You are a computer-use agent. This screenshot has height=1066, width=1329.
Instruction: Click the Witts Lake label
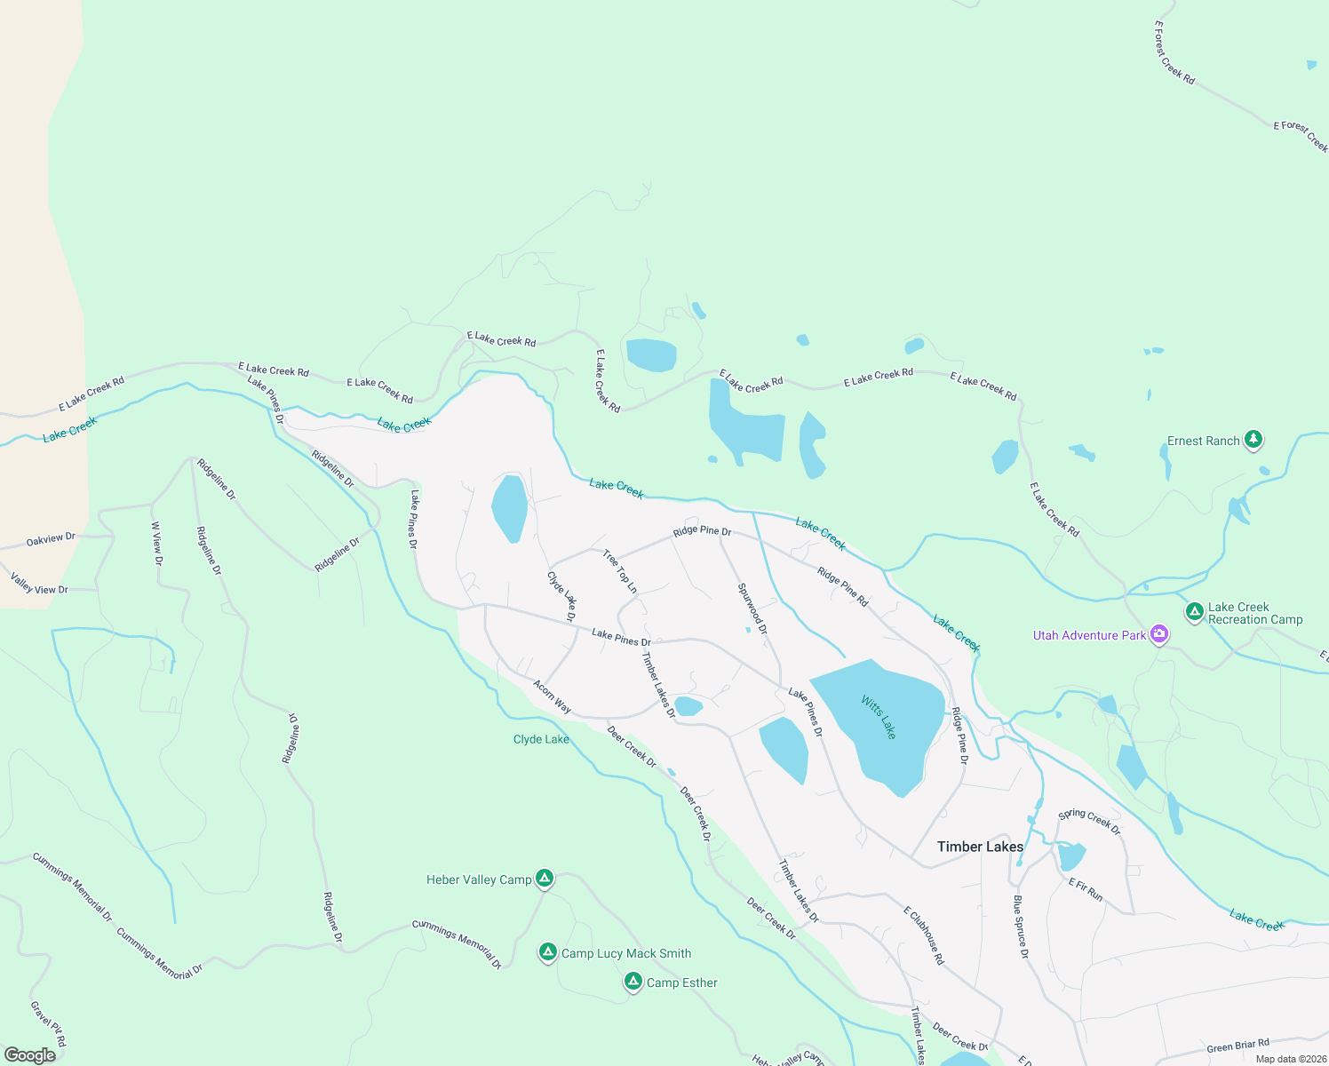(878, 717)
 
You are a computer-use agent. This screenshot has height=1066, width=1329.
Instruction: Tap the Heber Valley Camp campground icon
(545, 879)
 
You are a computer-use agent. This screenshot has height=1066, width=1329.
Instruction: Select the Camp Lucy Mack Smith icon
(548, 952)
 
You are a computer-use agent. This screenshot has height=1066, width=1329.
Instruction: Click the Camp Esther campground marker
(633, 982)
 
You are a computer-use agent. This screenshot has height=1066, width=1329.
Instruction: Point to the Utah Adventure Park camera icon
(1158, 634)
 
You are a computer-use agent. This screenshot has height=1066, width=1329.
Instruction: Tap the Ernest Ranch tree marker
(1253, 439)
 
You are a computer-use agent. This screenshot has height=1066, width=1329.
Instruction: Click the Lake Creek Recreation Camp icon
(1195, 612)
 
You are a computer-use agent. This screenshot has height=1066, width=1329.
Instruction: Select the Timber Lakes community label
(980, 847)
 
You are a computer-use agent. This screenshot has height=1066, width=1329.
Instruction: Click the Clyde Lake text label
(541, 739)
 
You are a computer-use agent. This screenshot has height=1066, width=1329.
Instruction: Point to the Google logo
(30, 1055)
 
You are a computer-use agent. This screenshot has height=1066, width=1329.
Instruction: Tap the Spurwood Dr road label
(752, 609)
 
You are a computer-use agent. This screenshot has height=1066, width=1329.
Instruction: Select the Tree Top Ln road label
(619, 571)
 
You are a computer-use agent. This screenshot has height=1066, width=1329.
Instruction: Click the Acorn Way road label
(552, 696)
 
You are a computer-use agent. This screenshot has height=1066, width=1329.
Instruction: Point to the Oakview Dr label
(51, 538)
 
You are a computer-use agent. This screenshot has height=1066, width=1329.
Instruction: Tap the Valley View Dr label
(39, 584)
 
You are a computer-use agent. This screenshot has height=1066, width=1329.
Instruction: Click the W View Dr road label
(156, 544)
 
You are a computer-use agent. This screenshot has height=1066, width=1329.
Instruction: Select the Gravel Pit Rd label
(48, 1023)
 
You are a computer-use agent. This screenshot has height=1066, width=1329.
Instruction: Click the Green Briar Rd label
(1237, 1046)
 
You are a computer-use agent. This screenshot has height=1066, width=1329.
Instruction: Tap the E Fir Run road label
(1085, 889)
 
